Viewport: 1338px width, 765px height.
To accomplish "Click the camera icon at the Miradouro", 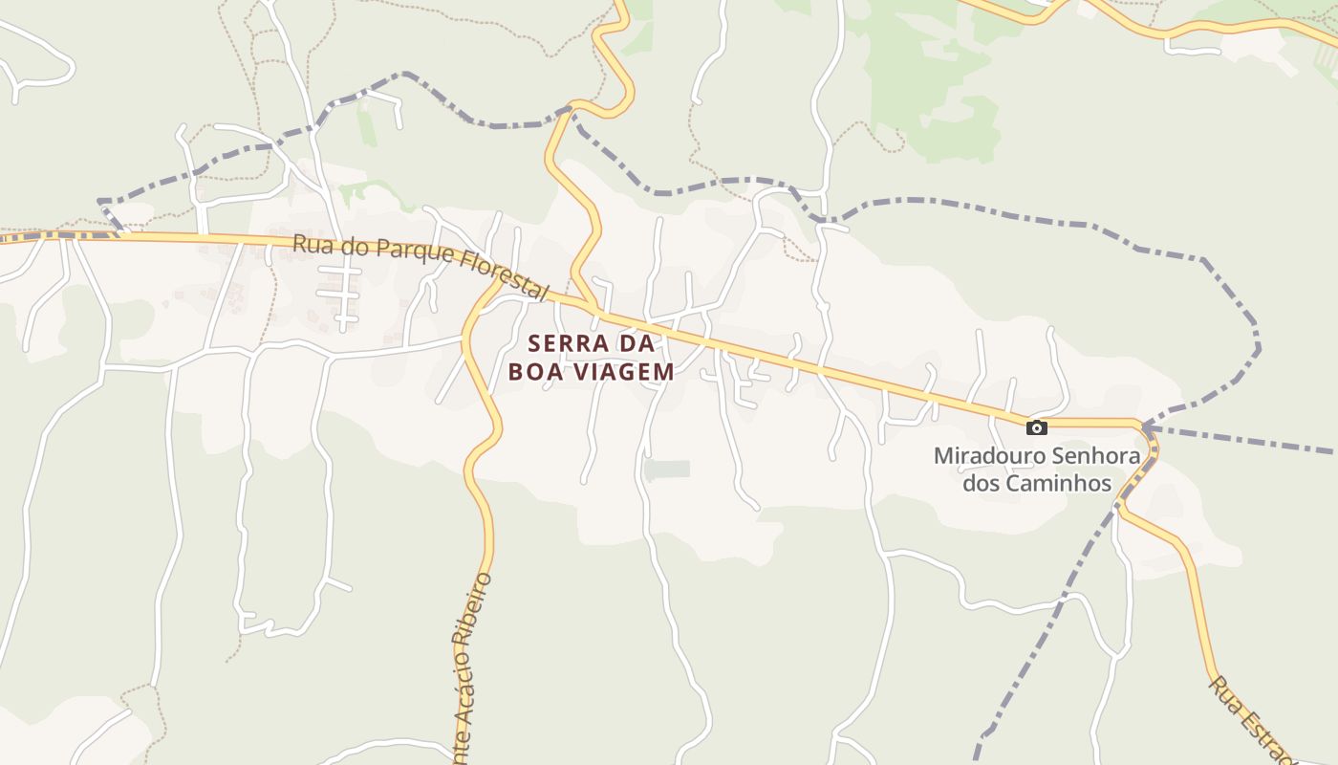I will [1036, 427].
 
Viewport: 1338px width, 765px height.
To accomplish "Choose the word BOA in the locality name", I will [531, 372].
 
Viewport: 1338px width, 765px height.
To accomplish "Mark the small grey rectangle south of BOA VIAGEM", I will [667, 470].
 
